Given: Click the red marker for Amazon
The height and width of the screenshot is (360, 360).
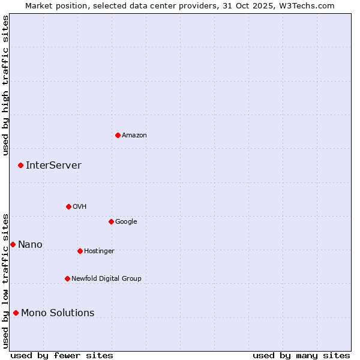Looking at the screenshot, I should (118, 135).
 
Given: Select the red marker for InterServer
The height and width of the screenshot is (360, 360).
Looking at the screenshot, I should (20, 165).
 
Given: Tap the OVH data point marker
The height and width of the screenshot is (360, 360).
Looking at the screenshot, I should (68, 206).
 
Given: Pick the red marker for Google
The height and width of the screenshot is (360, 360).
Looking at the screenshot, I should (111, 221).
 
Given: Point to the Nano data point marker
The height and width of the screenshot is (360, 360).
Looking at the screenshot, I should (13, 244).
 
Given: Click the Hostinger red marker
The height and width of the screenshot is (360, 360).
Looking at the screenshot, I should (80, 251).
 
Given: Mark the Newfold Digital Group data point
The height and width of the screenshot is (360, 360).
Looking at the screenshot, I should (67, 278).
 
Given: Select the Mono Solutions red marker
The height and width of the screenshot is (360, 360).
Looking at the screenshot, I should (16, 313).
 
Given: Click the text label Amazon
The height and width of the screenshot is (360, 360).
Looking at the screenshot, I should (134, 135).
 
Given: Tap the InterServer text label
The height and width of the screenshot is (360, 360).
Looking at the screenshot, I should (53, 165).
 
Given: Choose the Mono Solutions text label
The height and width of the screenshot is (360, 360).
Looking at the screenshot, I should (58, 313).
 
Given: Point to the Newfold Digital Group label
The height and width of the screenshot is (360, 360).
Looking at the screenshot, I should (106, 278).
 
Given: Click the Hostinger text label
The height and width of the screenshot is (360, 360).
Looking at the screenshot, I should (99, 251).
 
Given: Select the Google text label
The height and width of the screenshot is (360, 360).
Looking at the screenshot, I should (126, 221).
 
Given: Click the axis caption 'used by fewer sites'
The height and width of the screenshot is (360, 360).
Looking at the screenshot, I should (62, 355).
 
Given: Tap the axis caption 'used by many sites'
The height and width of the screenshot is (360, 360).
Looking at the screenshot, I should (301, 355).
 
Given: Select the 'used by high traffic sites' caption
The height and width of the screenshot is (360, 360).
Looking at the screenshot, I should (5, 85).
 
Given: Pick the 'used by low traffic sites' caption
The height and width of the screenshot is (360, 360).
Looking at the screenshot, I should (5, 280).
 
